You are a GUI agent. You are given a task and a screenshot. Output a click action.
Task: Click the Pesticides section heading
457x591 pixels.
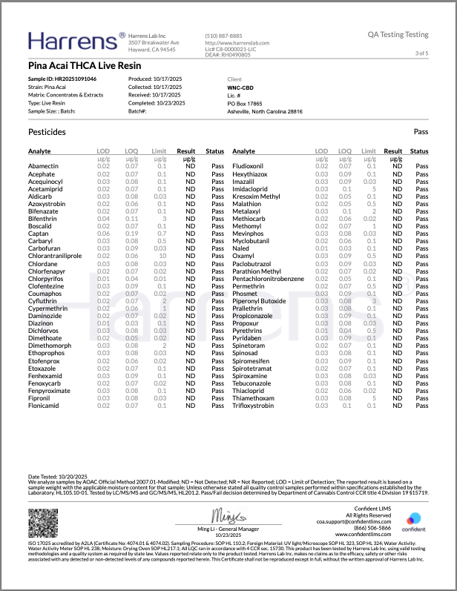(47, 132)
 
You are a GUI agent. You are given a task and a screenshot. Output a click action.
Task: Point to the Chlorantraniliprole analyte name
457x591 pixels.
(55, 256)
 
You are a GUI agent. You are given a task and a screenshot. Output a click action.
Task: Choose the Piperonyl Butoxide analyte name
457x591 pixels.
(259, 301)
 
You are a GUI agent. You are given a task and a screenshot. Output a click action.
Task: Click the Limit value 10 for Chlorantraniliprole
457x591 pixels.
(162, 256)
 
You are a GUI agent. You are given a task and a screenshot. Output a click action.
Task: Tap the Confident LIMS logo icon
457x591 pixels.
(414, 517)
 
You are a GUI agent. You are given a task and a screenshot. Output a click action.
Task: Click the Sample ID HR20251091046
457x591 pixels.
(62, 78)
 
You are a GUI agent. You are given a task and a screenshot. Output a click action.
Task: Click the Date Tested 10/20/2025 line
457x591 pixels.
(57, 475)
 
